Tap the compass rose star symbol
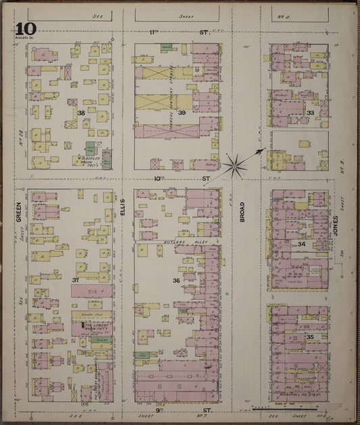236,164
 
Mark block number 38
82,112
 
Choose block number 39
182,112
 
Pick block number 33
310,112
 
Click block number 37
76,279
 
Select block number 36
176,280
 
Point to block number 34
302,244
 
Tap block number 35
310,336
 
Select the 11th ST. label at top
176,32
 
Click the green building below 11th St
166,47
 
